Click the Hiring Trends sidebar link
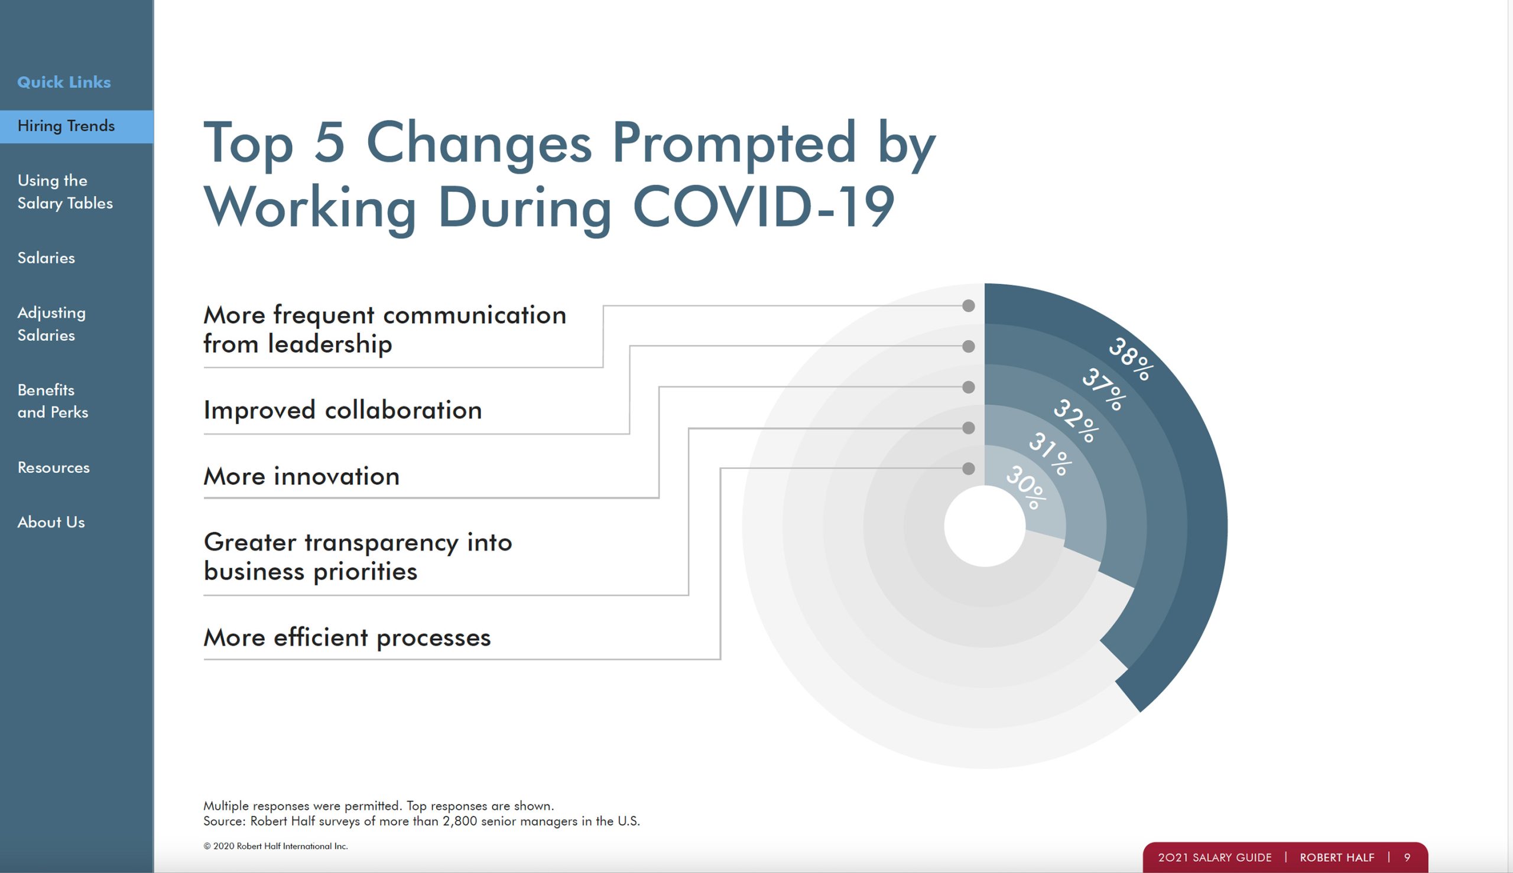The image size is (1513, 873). [66, 126]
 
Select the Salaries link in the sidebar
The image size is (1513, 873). [46, 258]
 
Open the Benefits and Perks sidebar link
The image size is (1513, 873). [53, 401]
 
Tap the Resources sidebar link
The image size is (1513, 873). [53, 467]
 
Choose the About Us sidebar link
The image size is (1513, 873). [51, 522]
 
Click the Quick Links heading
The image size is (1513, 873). [64, 82]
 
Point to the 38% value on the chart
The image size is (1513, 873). [1130, 359]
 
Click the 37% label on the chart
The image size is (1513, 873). [1104, 389]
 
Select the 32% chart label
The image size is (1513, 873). [1076, 421]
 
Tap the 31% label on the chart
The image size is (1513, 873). [1050, 454]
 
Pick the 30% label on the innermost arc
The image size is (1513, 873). [1026, 487]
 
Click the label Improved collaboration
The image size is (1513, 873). [343, 410]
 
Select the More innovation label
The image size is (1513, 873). [301, 476]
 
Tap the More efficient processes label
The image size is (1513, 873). [347, 637]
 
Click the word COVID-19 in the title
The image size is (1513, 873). [764, 206]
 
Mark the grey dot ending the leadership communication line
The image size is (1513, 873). [968, 306]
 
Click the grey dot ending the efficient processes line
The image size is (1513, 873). [968, 468]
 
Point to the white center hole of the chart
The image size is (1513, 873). [985, 526]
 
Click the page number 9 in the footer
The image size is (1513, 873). [1407, 858]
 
